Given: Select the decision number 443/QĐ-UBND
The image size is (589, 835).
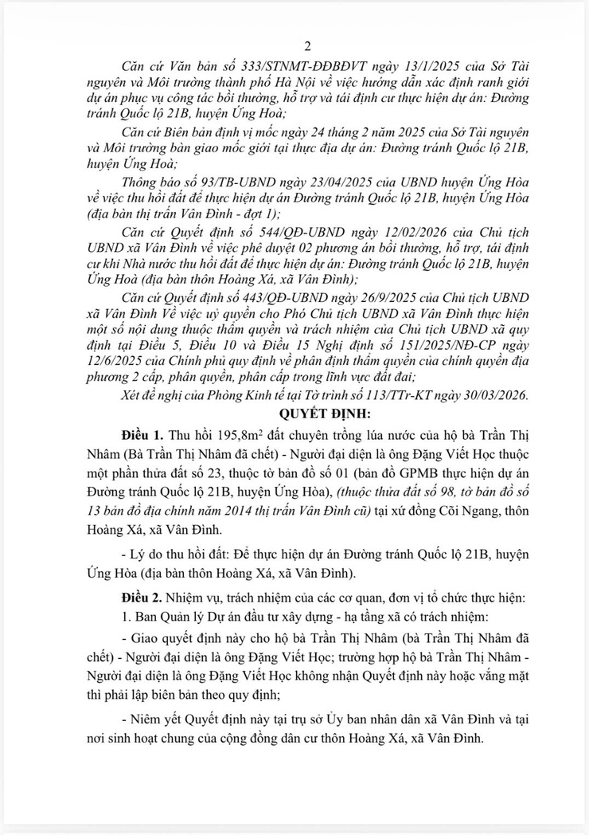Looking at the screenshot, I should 263,297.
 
